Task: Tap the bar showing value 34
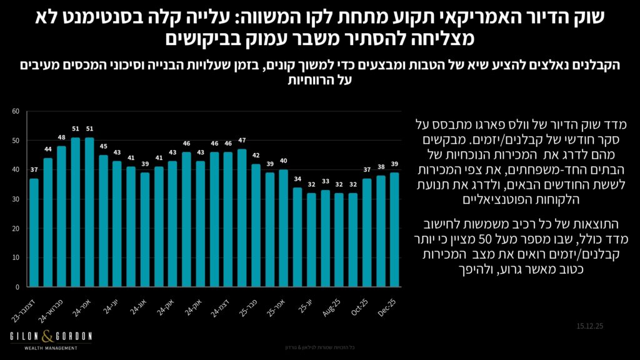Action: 297,237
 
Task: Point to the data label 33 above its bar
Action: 325,182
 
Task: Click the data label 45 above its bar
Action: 103,147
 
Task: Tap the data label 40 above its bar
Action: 283,161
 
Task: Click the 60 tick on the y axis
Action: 16,111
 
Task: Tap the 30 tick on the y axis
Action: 16,199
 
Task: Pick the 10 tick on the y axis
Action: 16,257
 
